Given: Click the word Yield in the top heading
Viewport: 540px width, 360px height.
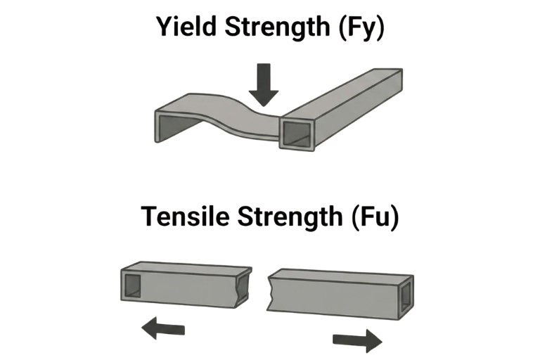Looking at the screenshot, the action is click(186, 27).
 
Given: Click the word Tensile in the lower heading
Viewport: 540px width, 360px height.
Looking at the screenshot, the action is click(186, 217).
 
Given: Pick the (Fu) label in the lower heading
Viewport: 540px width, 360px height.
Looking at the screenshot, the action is click(375, 217).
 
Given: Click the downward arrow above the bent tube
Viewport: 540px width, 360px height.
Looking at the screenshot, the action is click(264, 85).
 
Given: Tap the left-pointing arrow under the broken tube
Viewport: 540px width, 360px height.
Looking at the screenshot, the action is click(163, 328).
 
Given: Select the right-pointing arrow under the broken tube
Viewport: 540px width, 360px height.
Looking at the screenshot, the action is click(357, 341).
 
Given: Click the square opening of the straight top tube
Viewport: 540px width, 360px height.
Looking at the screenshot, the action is click(297, 134).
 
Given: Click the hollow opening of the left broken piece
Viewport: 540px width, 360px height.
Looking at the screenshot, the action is click(132, 286).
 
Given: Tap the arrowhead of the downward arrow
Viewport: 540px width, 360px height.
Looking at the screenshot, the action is click(264, 98).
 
